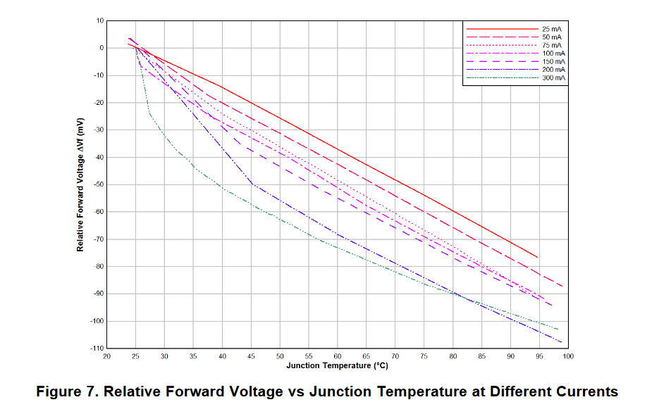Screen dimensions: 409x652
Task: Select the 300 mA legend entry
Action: click(x=554, y=78)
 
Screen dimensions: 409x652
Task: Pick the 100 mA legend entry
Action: click(x=554, y=54)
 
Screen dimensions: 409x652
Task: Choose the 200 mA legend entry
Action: click(x=554, y=70)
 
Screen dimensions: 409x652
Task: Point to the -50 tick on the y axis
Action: click(x=99, y=184)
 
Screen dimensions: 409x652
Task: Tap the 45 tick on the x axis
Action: click(x=251, y=356)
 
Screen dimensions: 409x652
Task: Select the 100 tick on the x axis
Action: click(x=567, y=356)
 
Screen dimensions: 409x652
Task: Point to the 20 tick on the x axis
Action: click(x=107, y=356)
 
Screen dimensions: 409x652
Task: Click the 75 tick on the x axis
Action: click(x=424, y=356)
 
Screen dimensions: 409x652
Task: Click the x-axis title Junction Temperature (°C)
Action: click(x=337, y=365)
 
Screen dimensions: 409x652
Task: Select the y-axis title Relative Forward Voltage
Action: click(x=81, y=184)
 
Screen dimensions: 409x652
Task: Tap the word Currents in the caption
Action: click(x=582, y=391)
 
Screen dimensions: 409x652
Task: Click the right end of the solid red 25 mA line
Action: click(x=537, y=257)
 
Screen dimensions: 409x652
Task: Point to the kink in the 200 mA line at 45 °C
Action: click(x=252, y=184)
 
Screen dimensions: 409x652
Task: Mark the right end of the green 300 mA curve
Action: click(x=558, y=329)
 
